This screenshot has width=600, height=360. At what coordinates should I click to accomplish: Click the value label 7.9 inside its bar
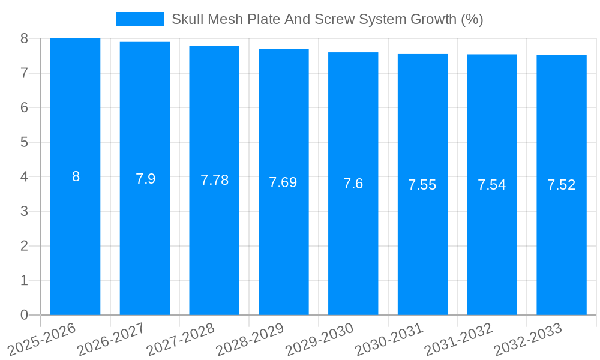pyautogui.click(x=145, y=179)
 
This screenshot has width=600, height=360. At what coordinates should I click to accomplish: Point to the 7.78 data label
pyautogui.click(x=214, y=180)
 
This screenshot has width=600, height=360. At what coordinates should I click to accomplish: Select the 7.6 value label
pyautogui.click(x=353, y=184)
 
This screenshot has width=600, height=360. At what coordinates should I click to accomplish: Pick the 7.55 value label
pyautogui.click(x=422, y=185)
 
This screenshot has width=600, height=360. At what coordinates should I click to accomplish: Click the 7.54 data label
pyautogui.click(x=491, y=185)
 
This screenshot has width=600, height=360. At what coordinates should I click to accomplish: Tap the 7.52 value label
pyautogui.click(x=561, y=185)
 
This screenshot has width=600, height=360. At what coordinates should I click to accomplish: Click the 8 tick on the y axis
pyautogui.click(x=24, y=38)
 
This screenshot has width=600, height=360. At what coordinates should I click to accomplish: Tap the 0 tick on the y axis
pyautogui.click(x=24, y=315)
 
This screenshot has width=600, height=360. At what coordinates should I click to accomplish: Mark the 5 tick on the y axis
pyautogui.click(x=24, y=142)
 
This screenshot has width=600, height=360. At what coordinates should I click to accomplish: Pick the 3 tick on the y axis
pyautogui.click(x=24, y=211)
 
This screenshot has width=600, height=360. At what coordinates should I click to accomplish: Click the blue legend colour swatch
pyautogui.click(x=140, y=19)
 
